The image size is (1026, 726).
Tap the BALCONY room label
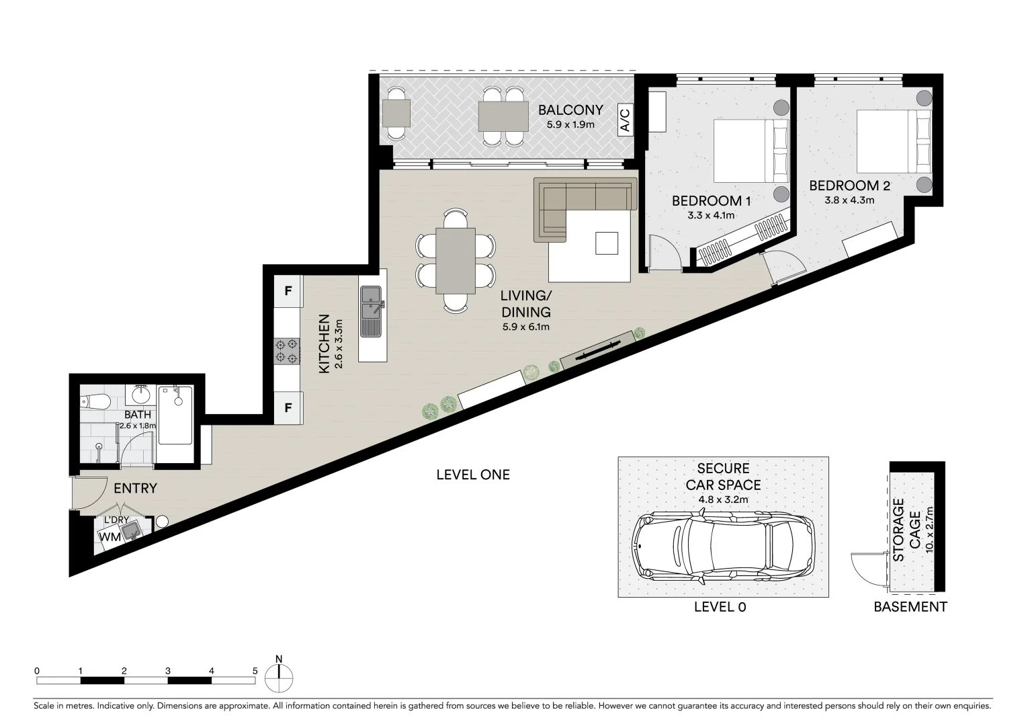(570, 110)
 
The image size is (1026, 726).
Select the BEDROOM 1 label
(711, 200)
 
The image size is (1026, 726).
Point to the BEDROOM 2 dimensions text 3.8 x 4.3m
(849, 200)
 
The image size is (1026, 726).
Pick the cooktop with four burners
(287, 352)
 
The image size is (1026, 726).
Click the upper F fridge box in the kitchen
(288, 291)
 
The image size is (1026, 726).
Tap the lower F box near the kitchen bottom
(288, 407)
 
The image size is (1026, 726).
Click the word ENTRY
(135, 489)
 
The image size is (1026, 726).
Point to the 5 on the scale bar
(255, 671)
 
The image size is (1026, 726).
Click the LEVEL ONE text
(473, 475)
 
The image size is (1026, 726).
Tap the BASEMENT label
(910, 607)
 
